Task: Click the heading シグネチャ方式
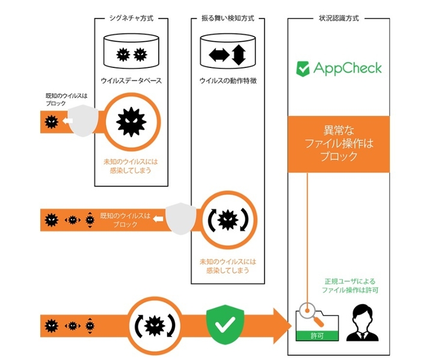[131, 19]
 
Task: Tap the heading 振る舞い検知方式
[227, 19]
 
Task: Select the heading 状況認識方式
[336, 19]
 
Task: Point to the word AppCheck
[347, 68]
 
